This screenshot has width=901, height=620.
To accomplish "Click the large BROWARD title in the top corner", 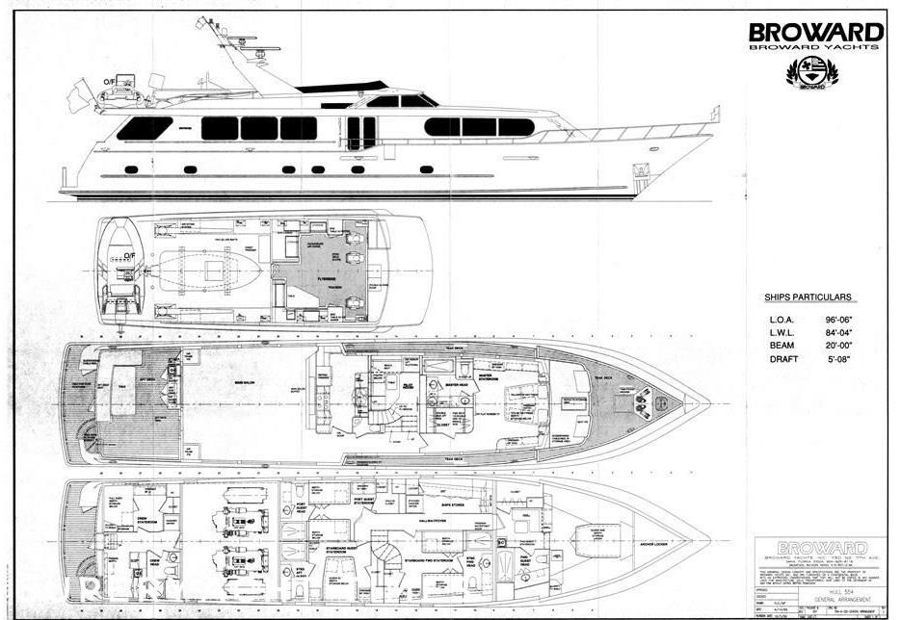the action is tap(816, 32).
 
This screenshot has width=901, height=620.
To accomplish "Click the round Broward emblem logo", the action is tap(812, 72).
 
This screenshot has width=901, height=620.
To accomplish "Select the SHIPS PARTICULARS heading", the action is tap(808, 297).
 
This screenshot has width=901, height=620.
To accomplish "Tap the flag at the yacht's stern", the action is tap(78, 99).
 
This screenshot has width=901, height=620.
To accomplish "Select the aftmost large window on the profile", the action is tap(145, 128).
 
